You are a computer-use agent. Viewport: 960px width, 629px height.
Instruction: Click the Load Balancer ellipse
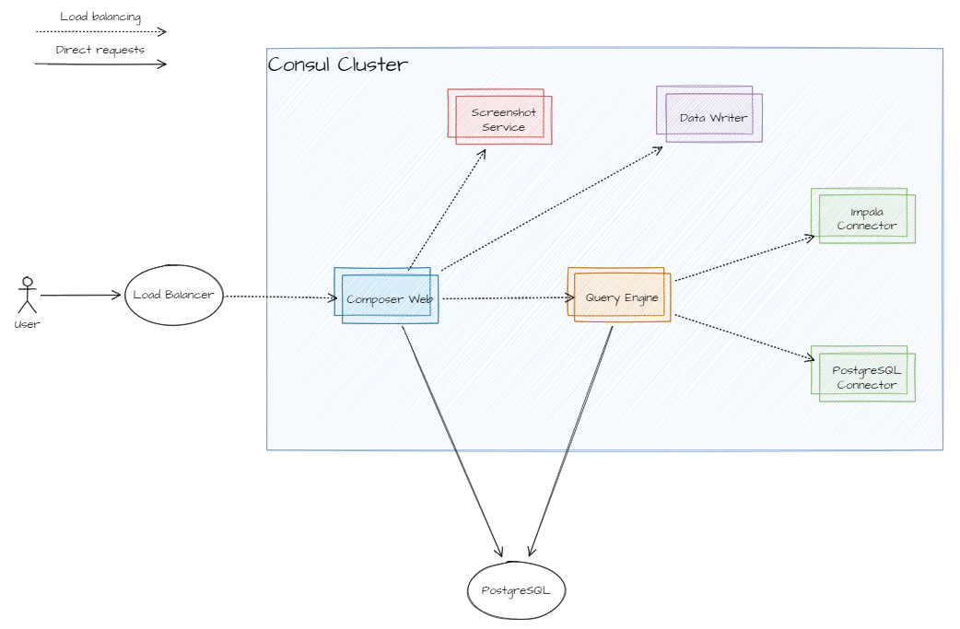[x=173, y=295]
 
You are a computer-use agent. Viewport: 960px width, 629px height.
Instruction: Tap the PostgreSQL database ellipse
[x=515, y=589]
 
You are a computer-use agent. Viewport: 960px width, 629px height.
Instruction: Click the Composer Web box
[x=387, y=296]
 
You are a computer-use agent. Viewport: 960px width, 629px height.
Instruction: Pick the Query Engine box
[x=620, y=296]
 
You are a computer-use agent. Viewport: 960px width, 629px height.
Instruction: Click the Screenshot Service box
[x=501, y=118]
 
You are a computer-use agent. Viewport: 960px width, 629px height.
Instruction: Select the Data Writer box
[x=710, y=115]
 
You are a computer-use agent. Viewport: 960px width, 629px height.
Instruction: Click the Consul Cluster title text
[x=337, y=64]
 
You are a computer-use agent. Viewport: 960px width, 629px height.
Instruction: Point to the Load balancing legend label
[x=100, y=17]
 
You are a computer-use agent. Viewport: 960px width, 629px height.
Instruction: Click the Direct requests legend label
[x=100, y=50]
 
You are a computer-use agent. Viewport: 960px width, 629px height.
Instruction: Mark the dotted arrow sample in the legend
[x=100, y=31]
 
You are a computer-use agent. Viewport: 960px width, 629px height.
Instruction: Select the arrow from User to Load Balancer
[x=81, y=296]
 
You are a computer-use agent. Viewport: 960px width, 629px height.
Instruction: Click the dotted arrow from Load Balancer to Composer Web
[x=280, y=297]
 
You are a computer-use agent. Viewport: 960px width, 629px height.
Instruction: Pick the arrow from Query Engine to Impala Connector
[x=744, y=258]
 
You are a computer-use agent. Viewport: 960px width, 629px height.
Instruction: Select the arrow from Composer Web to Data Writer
[x=553, y=208]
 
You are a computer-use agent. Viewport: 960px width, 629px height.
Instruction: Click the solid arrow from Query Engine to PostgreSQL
[x=571, y=442]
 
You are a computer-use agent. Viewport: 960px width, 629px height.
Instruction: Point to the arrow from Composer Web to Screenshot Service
[x=448, y=208]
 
